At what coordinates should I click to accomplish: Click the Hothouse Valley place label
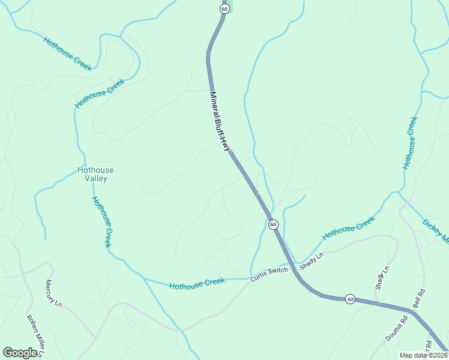click(95, 174)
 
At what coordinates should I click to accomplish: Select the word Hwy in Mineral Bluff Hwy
click(226, 144)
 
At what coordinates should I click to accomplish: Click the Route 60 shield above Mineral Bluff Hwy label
click(224, 9)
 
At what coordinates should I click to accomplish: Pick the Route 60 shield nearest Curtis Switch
click(273, 224)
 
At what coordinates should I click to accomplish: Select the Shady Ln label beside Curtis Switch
click(312, 261)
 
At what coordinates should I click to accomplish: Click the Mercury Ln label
click(53, 293)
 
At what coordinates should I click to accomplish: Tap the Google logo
click(20, 353)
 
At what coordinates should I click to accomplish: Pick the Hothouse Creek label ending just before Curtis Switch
click(197, 283)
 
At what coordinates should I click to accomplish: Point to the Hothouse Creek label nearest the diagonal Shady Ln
click(349, 228)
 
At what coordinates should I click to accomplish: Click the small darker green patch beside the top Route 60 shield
click(231, 6)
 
